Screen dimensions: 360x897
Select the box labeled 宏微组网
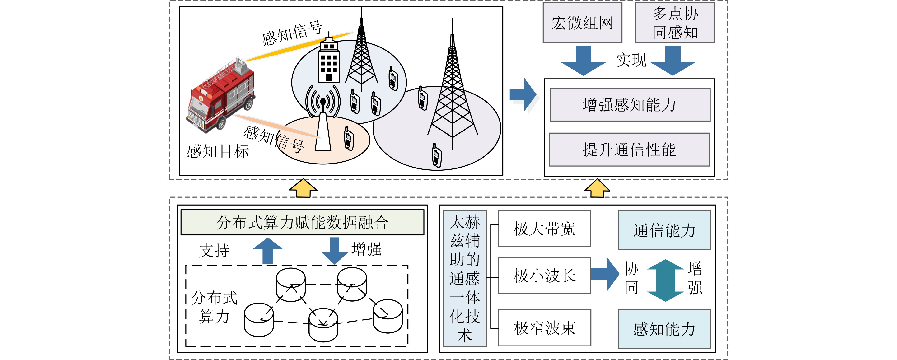(582, 23)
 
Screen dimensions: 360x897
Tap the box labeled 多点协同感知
(675, 23)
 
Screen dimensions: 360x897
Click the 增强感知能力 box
(630, 104)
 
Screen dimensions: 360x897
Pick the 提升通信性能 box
(629, 150)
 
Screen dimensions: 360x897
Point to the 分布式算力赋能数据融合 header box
(302, 222)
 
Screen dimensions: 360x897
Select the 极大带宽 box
(544, 229)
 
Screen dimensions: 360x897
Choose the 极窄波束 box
(545, 328)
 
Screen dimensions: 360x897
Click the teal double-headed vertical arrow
(665, 280)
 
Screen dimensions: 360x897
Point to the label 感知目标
(218, 151)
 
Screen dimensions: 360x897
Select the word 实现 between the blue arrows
(631, 60)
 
